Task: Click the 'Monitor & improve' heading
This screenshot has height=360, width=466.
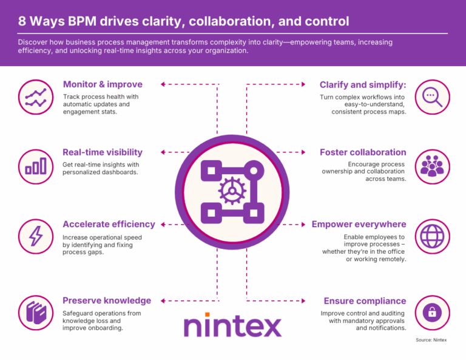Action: tap(103, 84)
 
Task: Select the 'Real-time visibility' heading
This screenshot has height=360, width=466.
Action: tap(103, 152)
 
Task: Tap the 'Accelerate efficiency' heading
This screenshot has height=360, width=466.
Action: tap(109, 224)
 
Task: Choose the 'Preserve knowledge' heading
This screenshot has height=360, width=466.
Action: tap(107, 301)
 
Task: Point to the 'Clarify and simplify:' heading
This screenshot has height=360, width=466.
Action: tap(363, 84)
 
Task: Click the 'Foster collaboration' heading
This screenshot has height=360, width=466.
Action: tap(363, 152)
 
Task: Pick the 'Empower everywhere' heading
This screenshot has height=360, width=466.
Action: tap(359, 224)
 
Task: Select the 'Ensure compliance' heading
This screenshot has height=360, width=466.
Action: tap(365, 301)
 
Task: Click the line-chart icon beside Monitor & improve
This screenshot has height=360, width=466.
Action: tap(35, 96)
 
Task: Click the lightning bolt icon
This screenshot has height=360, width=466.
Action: tap(35, 235)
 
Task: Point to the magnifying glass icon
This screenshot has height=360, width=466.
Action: tap(432, 96)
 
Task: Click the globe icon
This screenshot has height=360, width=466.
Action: tap(432, 235)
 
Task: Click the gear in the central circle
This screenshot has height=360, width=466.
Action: tap(231, 190)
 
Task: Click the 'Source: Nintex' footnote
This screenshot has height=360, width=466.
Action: tap(431, 340)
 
